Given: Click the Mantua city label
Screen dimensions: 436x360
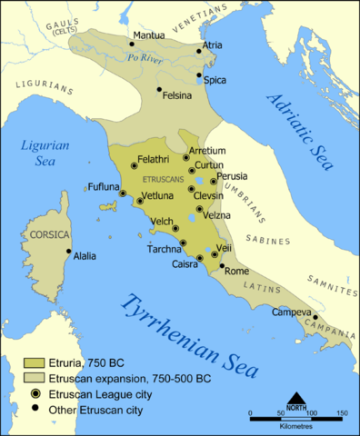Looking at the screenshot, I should point(149,35).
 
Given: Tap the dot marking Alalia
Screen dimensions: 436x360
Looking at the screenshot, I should point(68,252).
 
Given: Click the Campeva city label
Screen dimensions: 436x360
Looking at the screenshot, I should point(290,312).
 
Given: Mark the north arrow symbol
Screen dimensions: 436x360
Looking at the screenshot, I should point(295,399).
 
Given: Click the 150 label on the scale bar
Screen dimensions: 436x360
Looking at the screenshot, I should point(341,413).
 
